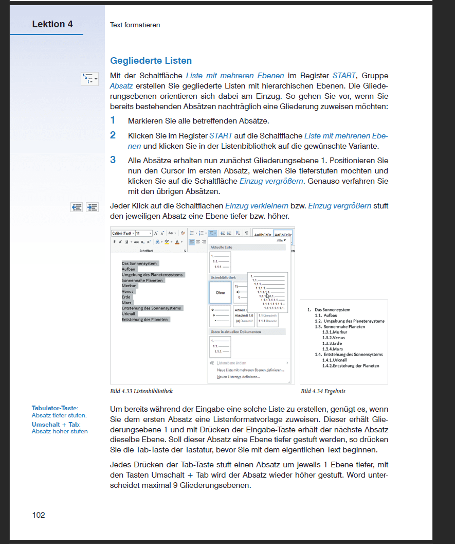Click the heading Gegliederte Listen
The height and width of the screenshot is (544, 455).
coord(151,61)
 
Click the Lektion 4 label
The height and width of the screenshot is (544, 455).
coord(52,24)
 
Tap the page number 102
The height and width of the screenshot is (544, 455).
coord(39,515)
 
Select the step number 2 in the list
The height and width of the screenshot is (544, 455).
coord(113,135)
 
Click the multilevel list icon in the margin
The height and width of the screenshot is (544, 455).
coord(89,79)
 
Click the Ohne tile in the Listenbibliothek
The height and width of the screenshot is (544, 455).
coord(220,293)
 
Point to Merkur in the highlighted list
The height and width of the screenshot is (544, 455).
coord(129,286)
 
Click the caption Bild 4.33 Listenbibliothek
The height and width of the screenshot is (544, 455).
coord(141,391)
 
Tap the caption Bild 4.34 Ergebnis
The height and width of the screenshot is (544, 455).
coord(323,391)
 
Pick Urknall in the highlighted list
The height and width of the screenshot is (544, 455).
coord(129,313)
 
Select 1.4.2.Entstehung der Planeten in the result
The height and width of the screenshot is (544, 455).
coord(350,366)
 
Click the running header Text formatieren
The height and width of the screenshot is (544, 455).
coord(135,25)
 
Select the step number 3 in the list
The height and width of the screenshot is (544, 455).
coord(113,160)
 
